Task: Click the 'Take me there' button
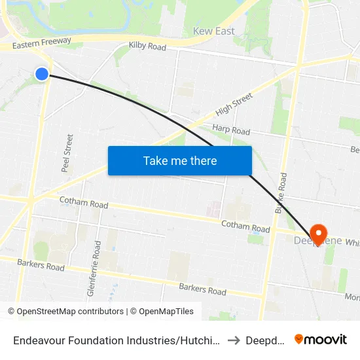179,160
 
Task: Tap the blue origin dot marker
42,74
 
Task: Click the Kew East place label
213,31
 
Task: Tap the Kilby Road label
147,46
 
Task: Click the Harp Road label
231,130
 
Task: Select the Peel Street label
67,153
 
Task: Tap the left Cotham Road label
83,203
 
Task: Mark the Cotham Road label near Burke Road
245,228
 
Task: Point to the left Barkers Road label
41,266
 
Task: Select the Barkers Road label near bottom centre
202,290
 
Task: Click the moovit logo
321,340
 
